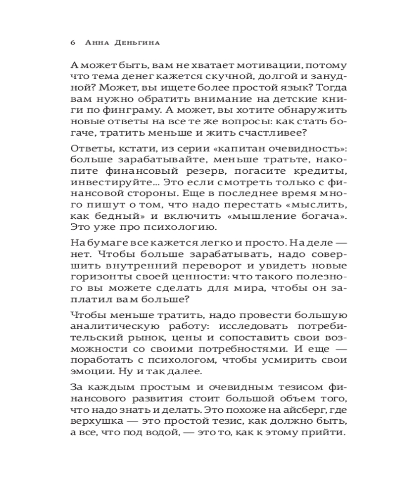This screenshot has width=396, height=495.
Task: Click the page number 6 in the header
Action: (x=73, y=43)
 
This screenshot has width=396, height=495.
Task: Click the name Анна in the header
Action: (x=98, y=43)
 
